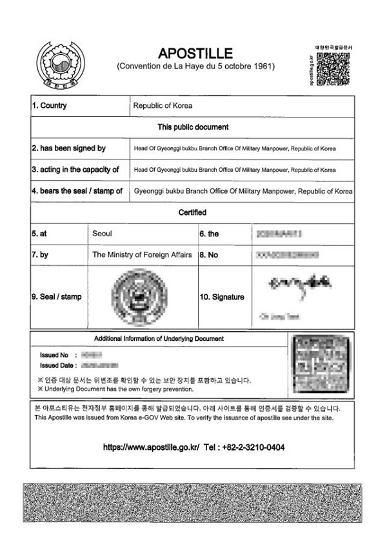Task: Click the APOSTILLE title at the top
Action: (x=195, y=53)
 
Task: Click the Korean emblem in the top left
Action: (x=60, y=66)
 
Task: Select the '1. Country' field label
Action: (x=49, y=106)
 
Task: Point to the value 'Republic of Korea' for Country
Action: (x=163, y=106)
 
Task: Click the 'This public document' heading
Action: (x=193, y=127)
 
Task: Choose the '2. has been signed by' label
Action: (x=69, y=148)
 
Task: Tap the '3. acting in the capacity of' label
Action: (x=75, y=170)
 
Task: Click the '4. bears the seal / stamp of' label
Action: (x=77, y=191)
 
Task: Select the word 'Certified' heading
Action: (x=193, y=212)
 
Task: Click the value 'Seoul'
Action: (x=102, y=234)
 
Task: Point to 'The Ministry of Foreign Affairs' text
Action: (x=142, y=255)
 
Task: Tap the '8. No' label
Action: (x=209, y=255)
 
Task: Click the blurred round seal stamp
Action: (x=139, y=296)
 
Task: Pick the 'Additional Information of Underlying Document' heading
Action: (x=159, y=338)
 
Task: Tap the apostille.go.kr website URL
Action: (x=151, y=447)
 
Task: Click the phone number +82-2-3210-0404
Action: (x=246, y=447)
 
